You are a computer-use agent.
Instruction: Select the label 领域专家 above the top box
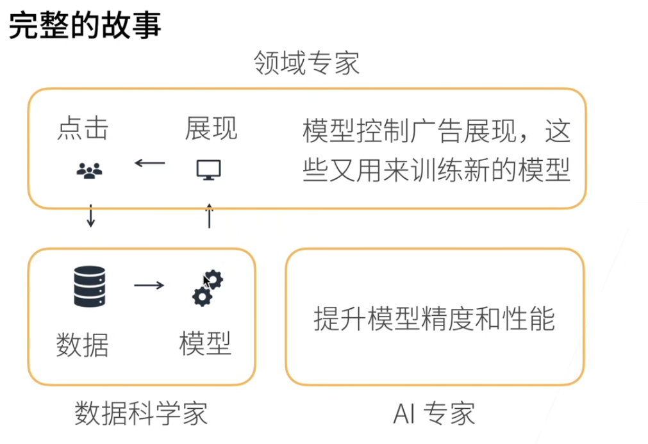[x=306, y=63]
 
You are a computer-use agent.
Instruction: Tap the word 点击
[x=83, y=129]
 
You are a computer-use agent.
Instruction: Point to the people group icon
[x=89, y=170]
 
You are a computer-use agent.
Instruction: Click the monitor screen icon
[x=209, y=170]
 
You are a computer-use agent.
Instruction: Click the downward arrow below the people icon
[x=90, y=216]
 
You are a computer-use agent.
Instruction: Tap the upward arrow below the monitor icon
[x=208, y=216]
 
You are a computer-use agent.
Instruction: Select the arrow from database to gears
[x=149, y=284]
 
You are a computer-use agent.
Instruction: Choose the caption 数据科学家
[x=141, y=413]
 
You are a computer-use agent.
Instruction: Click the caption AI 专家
[x=434, y=414]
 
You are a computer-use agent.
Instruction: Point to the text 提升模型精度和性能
[x=434, y=318]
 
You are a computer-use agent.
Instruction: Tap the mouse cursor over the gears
[x=206, y=281]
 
